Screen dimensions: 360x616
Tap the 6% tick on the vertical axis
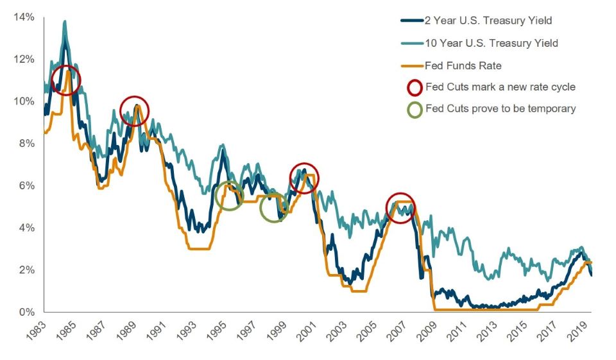pos(24,185)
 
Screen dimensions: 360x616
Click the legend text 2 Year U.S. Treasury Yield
pos(488,21)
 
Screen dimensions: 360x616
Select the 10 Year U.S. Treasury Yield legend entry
pos(491,43)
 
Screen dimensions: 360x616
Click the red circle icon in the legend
pos(415,87)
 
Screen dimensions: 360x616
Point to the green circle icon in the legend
pos(415,109)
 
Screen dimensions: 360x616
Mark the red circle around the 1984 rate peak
pos(66,80)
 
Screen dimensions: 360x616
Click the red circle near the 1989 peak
pos(134,112)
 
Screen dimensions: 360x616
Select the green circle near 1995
pos(229,195)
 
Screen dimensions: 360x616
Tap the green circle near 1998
pos(274,208)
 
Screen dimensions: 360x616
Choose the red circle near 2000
pos(304,178)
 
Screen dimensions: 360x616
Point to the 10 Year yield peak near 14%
pos(64,22)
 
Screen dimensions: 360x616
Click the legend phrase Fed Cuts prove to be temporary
pos(501,109)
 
